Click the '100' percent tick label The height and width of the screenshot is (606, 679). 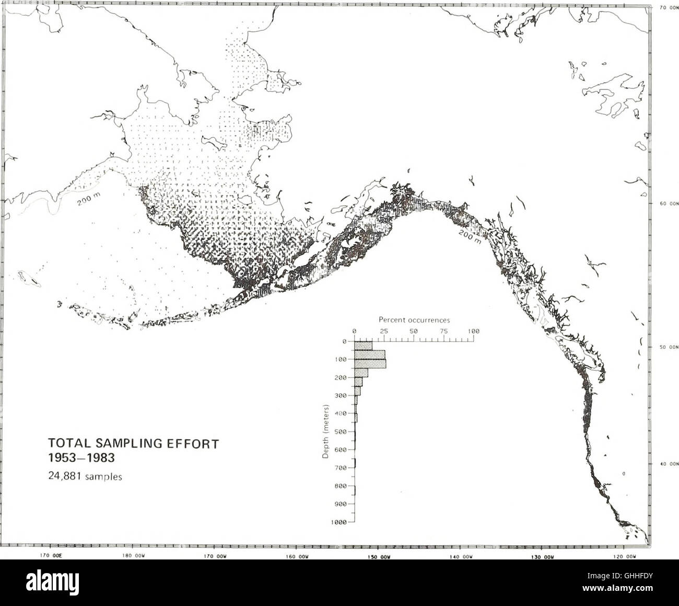point(474,330)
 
